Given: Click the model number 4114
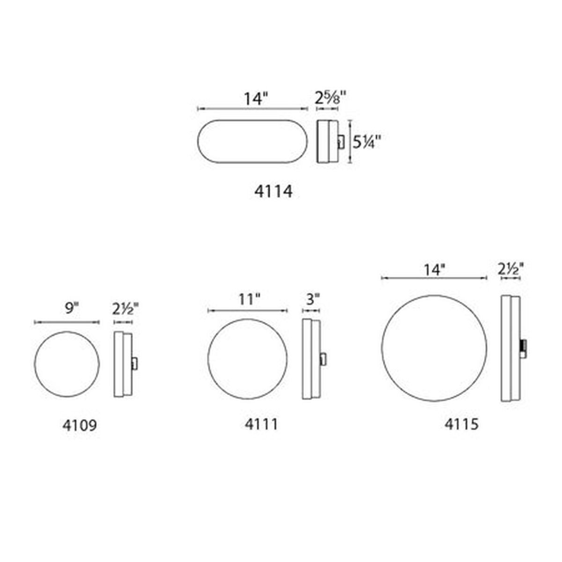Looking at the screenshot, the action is (x=273, y=192).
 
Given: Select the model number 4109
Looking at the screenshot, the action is (x=79, y=426).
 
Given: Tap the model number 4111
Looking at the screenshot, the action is (x=261, y=424).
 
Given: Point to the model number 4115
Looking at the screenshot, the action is (x=461, y=424).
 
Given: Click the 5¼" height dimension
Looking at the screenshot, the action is (x=367, y=142).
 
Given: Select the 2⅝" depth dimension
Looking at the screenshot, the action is (x=330, y=98).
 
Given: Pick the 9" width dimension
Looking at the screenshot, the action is (x=72, y=308).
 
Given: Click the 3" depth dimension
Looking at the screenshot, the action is (x=313, y=299).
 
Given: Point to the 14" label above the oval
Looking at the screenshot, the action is (x=256, y=98).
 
